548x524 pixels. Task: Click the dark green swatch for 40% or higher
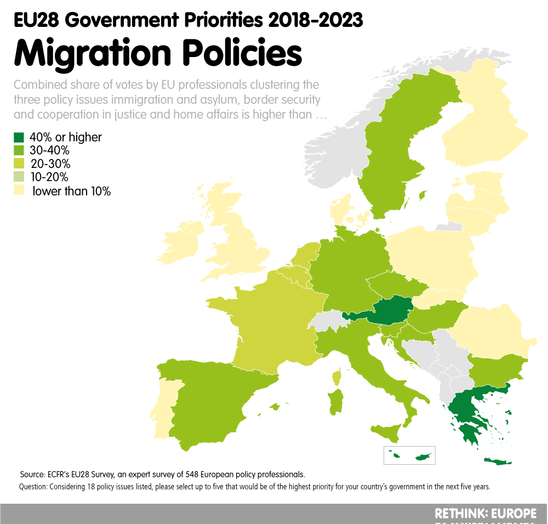coord(19,137)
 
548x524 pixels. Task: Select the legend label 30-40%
coord(49,150)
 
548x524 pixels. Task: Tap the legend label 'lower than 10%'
coord(71,191)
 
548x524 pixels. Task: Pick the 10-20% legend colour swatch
coord(19,177)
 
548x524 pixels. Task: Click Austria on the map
coord(391,311)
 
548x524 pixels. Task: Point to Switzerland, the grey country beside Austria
coord(326,320)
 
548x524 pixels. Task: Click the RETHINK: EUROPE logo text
coord(485,514)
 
